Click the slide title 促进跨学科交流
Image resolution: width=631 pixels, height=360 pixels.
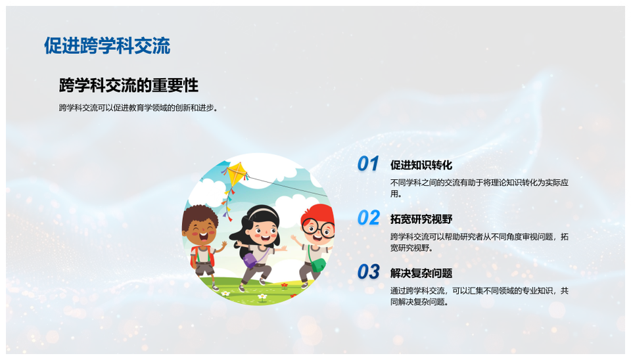point(107,45)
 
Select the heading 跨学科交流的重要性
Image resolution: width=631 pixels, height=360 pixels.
point(128,85)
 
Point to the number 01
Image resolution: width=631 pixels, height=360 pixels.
point(368,164)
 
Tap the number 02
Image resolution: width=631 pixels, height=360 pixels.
point(368,218)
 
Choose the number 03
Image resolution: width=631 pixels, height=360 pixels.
point(368,272)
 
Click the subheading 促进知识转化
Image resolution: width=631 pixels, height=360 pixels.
point(421,165)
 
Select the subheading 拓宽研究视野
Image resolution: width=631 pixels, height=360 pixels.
point(421,219)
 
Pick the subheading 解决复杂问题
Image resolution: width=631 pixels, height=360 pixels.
point(421,273)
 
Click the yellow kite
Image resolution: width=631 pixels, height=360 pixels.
point(237,175)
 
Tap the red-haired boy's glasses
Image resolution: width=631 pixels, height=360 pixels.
point(318,228)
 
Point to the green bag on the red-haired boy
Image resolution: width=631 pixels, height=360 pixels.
point(318,265)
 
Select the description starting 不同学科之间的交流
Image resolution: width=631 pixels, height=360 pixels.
point(479,188)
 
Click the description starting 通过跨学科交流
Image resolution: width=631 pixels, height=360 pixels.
point(479,296)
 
